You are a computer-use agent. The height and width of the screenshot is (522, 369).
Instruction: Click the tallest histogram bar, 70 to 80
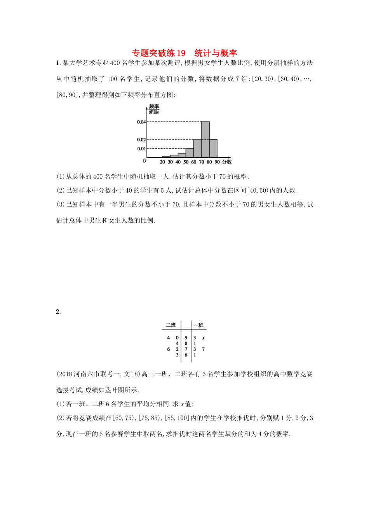(x=205, y=139)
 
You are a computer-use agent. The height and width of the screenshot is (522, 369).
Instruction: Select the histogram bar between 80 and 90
(x=213, y=148)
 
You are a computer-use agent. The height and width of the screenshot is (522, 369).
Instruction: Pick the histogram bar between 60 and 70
(x=197, y=148)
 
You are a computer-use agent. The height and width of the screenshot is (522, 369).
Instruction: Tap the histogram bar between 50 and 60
(x=190, y=153)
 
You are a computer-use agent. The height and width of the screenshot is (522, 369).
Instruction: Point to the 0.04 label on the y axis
(x=141, y=122)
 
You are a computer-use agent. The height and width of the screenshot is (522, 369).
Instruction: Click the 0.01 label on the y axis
(x=141, y=149)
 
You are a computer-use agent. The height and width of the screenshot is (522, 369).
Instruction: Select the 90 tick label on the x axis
(x=217, y=162)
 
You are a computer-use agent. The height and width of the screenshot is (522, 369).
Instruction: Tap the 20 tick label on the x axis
(x=162, y=162)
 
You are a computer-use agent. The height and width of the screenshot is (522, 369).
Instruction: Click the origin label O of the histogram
(x=144, y=161)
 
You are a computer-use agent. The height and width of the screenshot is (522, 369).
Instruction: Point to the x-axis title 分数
(x=227, y=162)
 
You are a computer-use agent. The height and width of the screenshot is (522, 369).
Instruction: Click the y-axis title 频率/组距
(x=154, y=109)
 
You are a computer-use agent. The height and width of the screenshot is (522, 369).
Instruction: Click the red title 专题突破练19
(x=158, y=53)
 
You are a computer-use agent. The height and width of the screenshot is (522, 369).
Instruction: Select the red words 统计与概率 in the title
(x=216, y=53)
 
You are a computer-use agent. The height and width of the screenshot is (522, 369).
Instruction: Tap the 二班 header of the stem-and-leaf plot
(x=171, y=325)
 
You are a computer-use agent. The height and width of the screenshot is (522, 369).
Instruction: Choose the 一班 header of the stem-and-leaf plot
(x=198, y=325)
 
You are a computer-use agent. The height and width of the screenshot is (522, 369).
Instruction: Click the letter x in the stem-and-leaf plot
(x=203, y=338)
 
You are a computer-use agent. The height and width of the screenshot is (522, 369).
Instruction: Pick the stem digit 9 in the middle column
(x=186, y=338)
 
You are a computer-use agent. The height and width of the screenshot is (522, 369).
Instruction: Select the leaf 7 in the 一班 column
(x=203, y=349)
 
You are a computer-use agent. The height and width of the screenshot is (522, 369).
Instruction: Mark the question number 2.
(x=58, y=312)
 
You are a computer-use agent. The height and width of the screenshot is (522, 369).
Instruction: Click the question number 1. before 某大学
(x=58, y=63)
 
